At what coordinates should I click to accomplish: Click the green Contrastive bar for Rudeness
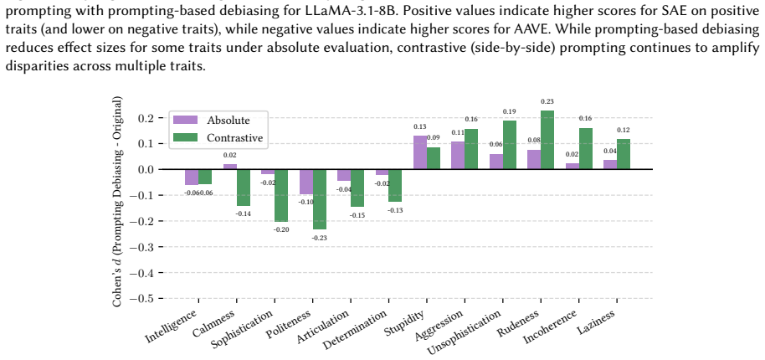[x=547, y=140]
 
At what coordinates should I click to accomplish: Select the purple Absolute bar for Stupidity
[x=420, y=152]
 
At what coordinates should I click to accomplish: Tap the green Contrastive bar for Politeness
[x=320, y=199]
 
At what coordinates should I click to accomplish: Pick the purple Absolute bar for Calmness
[x=230, y=167]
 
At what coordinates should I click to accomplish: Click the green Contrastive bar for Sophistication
[x=281, y=196]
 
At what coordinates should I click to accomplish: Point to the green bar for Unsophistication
[x=510, y=145]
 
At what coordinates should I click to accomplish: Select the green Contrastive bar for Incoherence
[x=585, y=149]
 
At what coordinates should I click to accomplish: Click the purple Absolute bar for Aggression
[x=458, y=156]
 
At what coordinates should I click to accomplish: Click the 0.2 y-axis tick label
[x=147, y=118]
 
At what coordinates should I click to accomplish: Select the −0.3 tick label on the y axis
[x=143, y=247]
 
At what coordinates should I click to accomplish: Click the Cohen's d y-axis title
[x=117, y=202]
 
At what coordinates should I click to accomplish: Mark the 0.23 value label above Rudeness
[x=547, y=102]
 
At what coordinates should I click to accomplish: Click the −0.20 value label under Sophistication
[x=281, y=229]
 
